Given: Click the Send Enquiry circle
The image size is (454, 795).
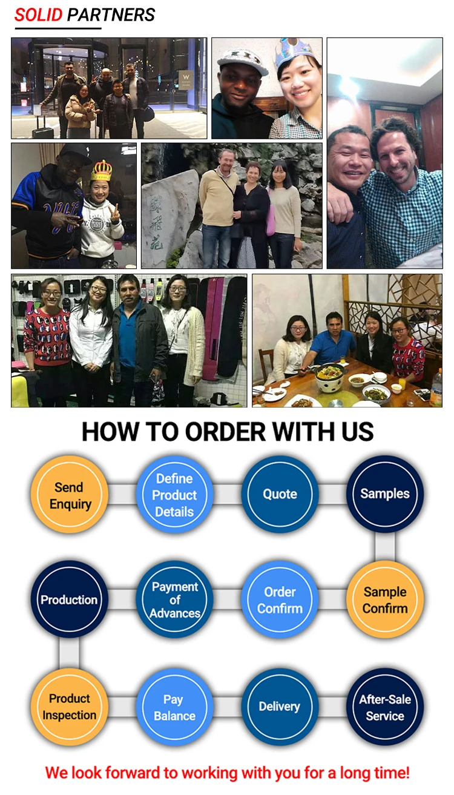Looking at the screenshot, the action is tap(70, 495).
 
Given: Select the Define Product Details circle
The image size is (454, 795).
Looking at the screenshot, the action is tap(174, 495).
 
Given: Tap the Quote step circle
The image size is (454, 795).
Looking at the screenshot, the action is tap(280, 494).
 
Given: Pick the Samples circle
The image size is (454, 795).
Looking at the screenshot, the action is tap(385, 494).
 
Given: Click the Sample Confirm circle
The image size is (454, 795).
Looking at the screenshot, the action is tap(385, 599).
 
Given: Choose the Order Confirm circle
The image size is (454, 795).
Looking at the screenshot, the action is tap(280, 599).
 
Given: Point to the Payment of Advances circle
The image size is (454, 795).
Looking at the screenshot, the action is tap(174, 599).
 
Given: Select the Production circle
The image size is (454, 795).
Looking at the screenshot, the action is tap(70, 599).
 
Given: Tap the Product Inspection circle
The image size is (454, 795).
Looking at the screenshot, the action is tap(70, 706).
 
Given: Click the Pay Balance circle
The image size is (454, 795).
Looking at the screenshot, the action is tap(174, 706).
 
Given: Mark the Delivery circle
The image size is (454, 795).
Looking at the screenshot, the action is tap(280, 706).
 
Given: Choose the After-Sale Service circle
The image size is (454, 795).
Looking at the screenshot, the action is tap(385, 706).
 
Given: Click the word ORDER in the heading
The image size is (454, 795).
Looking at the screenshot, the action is tap(226, 432).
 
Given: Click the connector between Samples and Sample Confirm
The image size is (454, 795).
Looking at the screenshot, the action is tap(385, 547).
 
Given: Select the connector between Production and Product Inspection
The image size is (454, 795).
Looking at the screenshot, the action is tap(70, 653).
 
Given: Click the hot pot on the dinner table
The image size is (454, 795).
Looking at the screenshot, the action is tap(331, 378).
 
